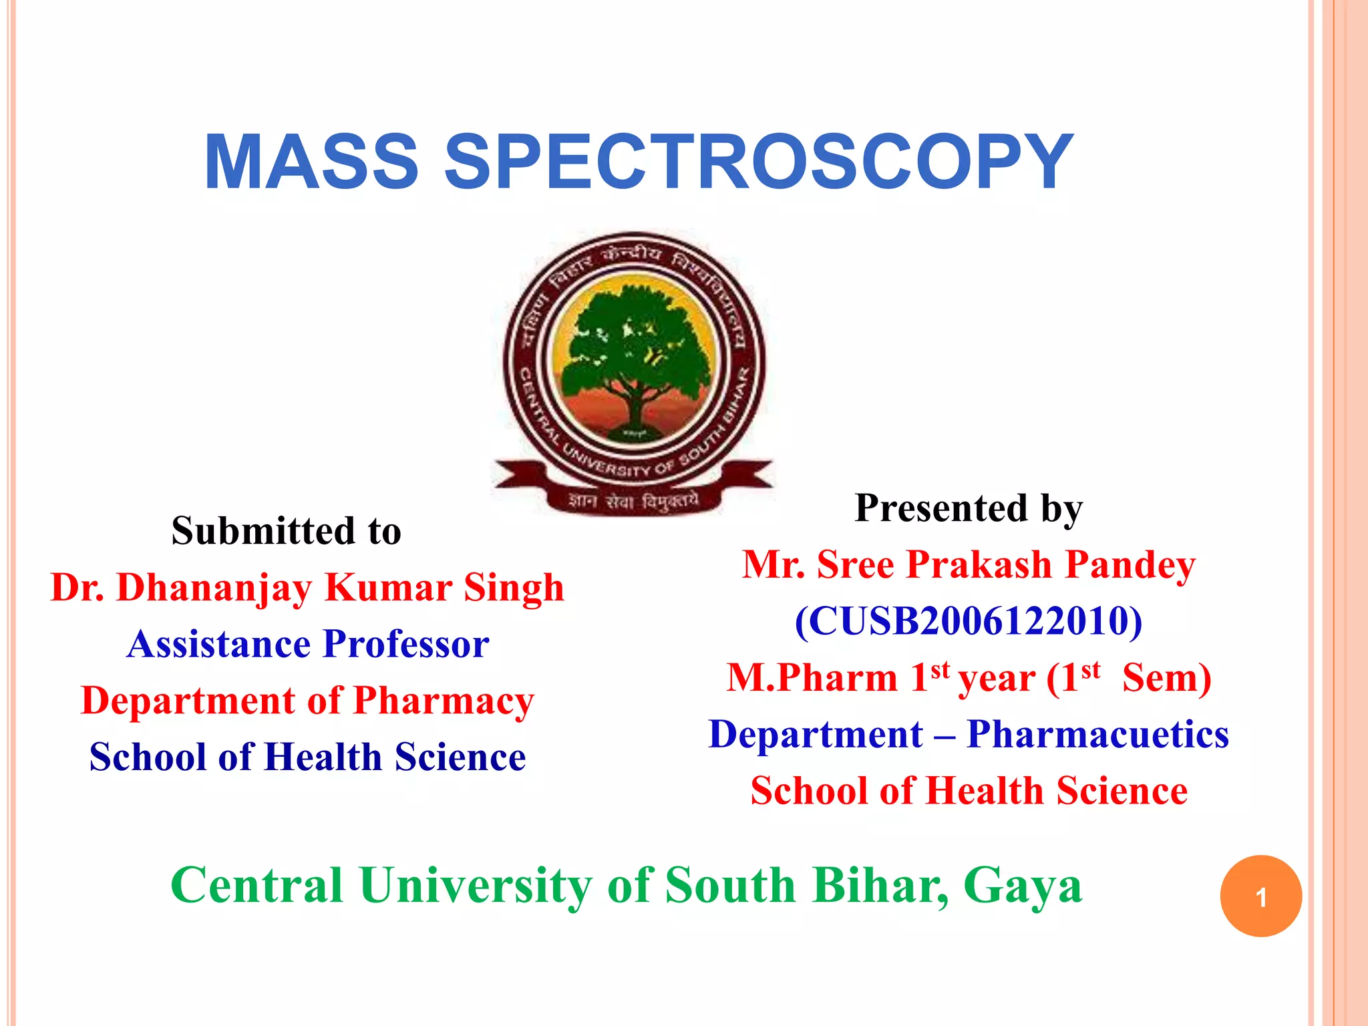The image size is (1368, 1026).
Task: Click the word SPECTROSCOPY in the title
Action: click(x=758, y=162)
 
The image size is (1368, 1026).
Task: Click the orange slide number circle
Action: click(x=1260, y=896)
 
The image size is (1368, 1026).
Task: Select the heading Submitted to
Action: click(x=286, y=531)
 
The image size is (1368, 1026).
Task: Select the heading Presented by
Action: click(x=969, y=508)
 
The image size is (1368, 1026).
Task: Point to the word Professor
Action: click(x=406, y=645)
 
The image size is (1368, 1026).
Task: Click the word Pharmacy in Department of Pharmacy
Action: click(x=444, y=701)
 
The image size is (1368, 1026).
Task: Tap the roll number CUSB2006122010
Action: click(x=969, y=621)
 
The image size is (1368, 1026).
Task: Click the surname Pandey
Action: click(x=1130, y=565)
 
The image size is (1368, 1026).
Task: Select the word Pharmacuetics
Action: click(x=1097, y=735)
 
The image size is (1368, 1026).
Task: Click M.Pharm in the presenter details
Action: click(x=812, y=678)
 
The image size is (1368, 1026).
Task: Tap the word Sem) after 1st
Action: click(x=1166, y=678)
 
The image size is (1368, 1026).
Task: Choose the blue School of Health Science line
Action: click(x=307, y=757)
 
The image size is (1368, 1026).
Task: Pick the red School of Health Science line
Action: click(x=969, y=792)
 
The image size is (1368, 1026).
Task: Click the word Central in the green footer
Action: click(x=256, y=886)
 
